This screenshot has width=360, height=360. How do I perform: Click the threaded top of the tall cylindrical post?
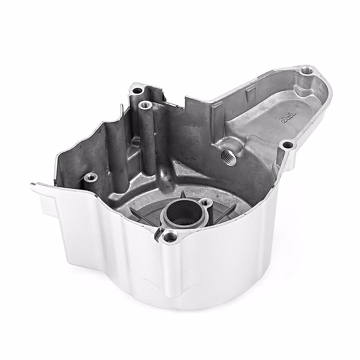(x=145, y=105)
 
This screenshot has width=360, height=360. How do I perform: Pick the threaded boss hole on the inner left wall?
(x=90, y=177)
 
